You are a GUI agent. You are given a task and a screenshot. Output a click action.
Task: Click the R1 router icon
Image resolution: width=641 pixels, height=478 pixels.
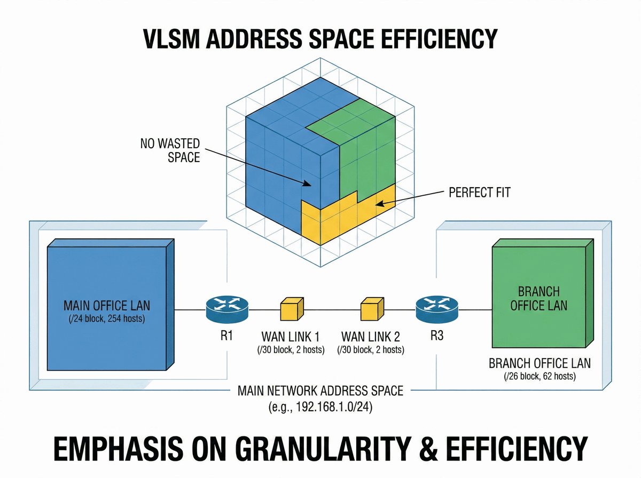[x=226, y=309]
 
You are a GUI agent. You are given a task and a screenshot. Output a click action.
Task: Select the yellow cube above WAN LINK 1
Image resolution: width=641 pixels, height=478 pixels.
[x=292, y=309]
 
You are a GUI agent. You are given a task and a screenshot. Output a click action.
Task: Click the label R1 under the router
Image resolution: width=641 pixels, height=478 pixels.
[x=226, y=337]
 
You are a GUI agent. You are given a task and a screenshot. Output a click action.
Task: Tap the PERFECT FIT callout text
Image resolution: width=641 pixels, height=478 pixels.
[x=480, y=192]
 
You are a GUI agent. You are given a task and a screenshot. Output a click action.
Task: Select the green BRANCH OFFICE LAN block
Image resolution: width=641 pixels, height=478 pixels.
[x=540, y=299]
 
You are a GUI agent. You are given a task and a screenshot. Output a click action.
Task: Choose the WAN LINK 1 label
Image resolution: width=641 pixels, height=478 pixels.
[x=291, y=337]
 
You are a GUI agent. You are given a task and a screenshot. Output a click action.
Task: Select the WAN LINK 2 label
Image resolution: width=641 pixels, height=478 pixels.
[x=371, y=337]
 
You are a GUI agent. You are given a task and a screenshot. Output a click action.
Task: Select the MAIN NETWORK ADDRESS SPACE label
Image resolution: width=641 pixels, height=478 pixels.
[x=320, y=392]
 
